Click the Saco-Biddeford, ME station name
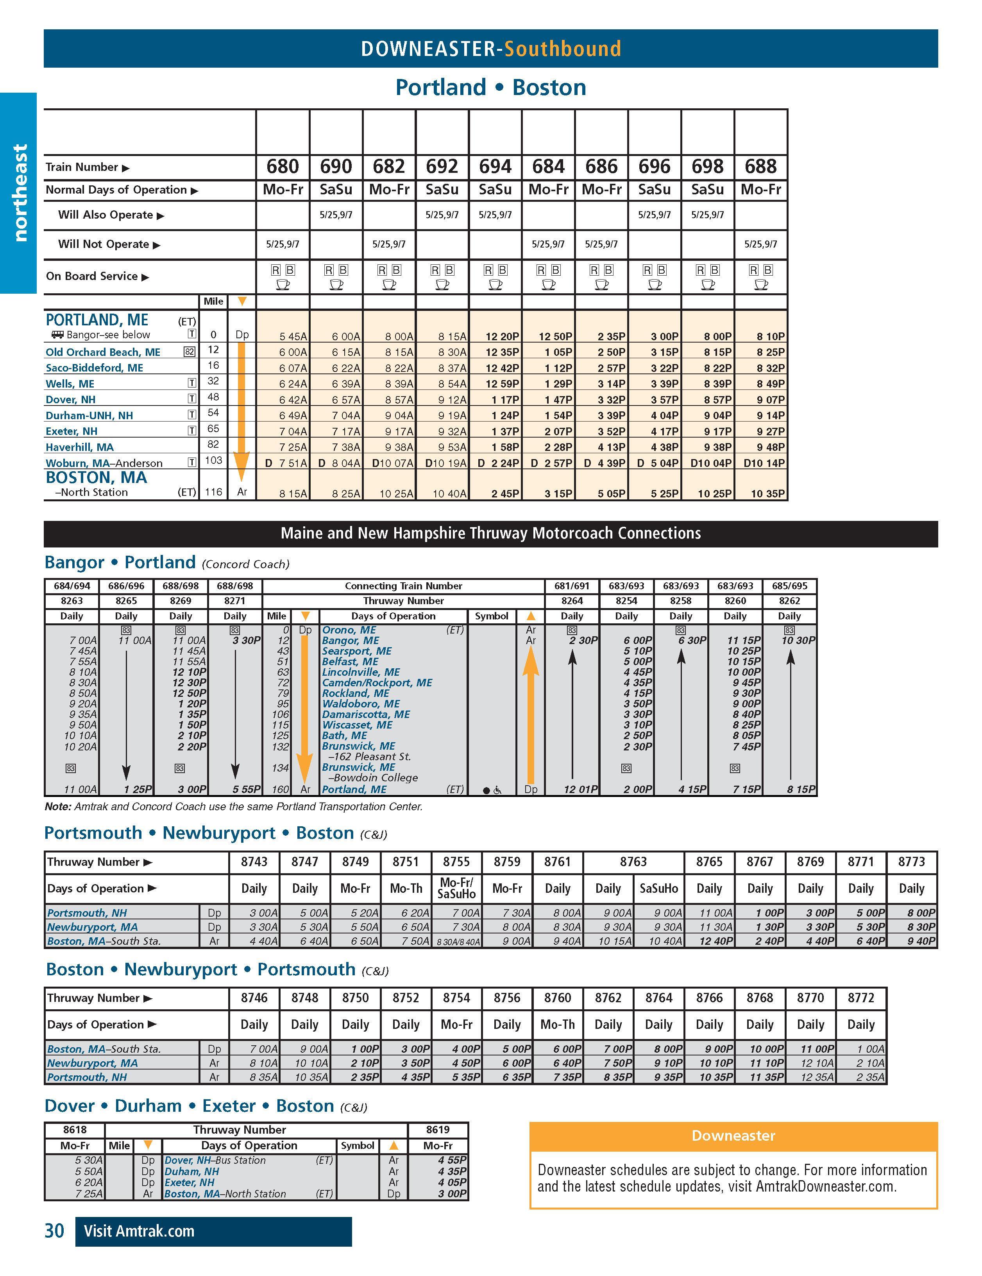pyautogui.click(x=94, y=368)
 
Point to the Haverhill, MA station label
pyautogui.click(x=79, y=447)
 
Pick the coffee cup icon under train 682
pyautogui.click(x=389, y=285)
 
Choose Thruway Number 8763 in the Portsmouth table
pyautogui.click(x=633, y=862)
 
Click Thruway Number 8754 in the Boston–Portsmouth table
pyautogui.click(x=456, y=998)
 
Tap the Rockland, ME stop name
pyautogui.click(x=356, y=693)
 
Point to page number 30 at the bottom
pyautogui.click(x=54, y=1231)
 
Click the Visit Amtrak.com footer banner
pyautogui.click(x=213, y=1231)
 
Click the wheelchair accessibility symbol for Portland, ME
pyautogui.click(x=497, y=790)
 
